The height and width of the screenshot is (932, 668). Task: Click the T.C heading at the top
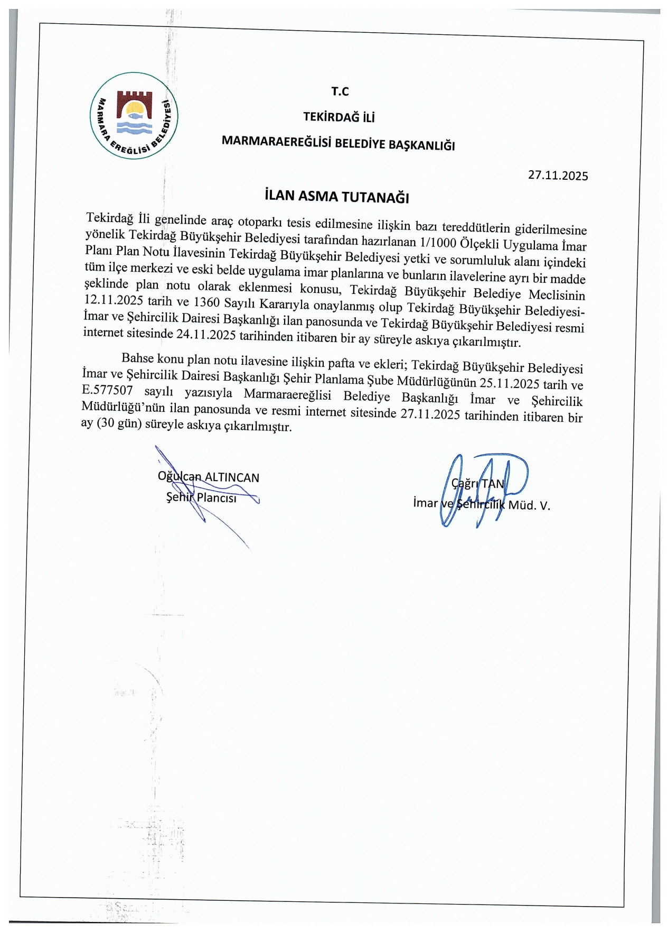tap(340, 91)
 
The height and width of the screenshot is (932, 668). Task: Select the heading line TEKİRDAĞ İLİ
tap(338, 117)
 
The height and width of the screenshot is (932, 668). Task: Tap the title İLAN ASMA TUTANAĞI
tap(337, 197)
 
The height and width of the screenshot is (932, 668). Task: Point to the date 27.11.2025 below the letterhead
tap(558, 176)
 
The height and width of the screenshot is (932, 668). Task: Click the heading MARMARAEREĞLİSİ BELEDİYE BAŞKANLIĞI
tap(338, 143)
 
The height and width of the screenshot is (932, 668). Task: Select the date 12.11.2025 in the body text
tap(114, 300)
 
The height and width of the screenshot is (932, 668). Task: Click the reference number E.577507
tap(107, 390)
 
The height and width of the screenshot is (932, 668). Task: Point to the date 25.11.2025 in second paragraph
tap(509, 383)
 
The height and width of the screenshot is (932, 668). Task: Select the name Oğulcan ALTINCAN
tap(209, 477)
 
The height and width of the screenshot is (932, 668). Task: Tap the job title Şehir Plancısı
tap(201, 497)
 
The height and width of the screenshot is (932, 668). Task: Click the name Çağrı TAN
tap(478, 483)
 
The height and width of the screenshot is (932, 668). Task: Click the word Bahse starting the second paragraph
tap(137, 358)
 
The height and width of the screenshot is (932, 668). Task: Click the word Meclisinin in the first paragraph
tap(557, 294)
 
